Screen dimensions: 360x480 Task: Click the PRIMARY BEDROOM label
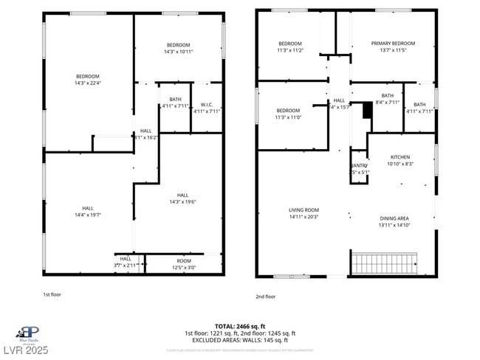pyautogui.click(x=392, y=44)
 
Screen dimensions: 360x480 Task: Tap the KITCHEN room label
pyautogui.click(x=400, y=157)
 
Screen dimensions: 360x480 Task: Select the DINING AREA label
pyautogui.click(x=394, y=218)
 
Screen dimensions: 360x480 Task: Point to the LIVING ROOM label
pyautogui.click(x=304, y=210)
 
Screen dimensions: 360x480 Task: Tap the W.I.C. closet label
pyautogui.click(x=207, y=105)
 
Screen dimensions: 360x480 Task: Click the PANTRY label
pyautogui.click(x=359, y=166)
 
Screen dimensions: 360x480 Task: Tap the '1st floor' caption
pyautogui.click(x=52, y=294)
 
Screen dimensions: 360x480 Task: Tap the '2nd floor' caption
pyautogui.click(x=265, y=297)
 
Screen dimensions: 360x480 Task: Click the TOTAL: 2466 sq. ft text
pyautogui.click(x=240, y=326)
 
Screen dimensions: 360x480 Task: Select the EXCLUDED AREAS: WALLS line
pyautogui.click(x=240, y=340)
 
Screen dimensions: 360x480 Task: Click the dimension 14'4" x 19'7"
pyautogui.click(x=87, y=215)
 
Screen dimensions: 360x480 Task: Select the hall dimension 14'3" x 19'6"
pyautogui.click(x=182, y=201)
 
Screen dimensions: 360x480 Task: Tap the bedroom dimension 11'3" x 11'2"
pyautogui.click(x=289, y=50)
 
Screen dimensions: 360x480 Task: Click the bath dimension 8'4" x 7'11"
pyautogui.click(x=387, y=103)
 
